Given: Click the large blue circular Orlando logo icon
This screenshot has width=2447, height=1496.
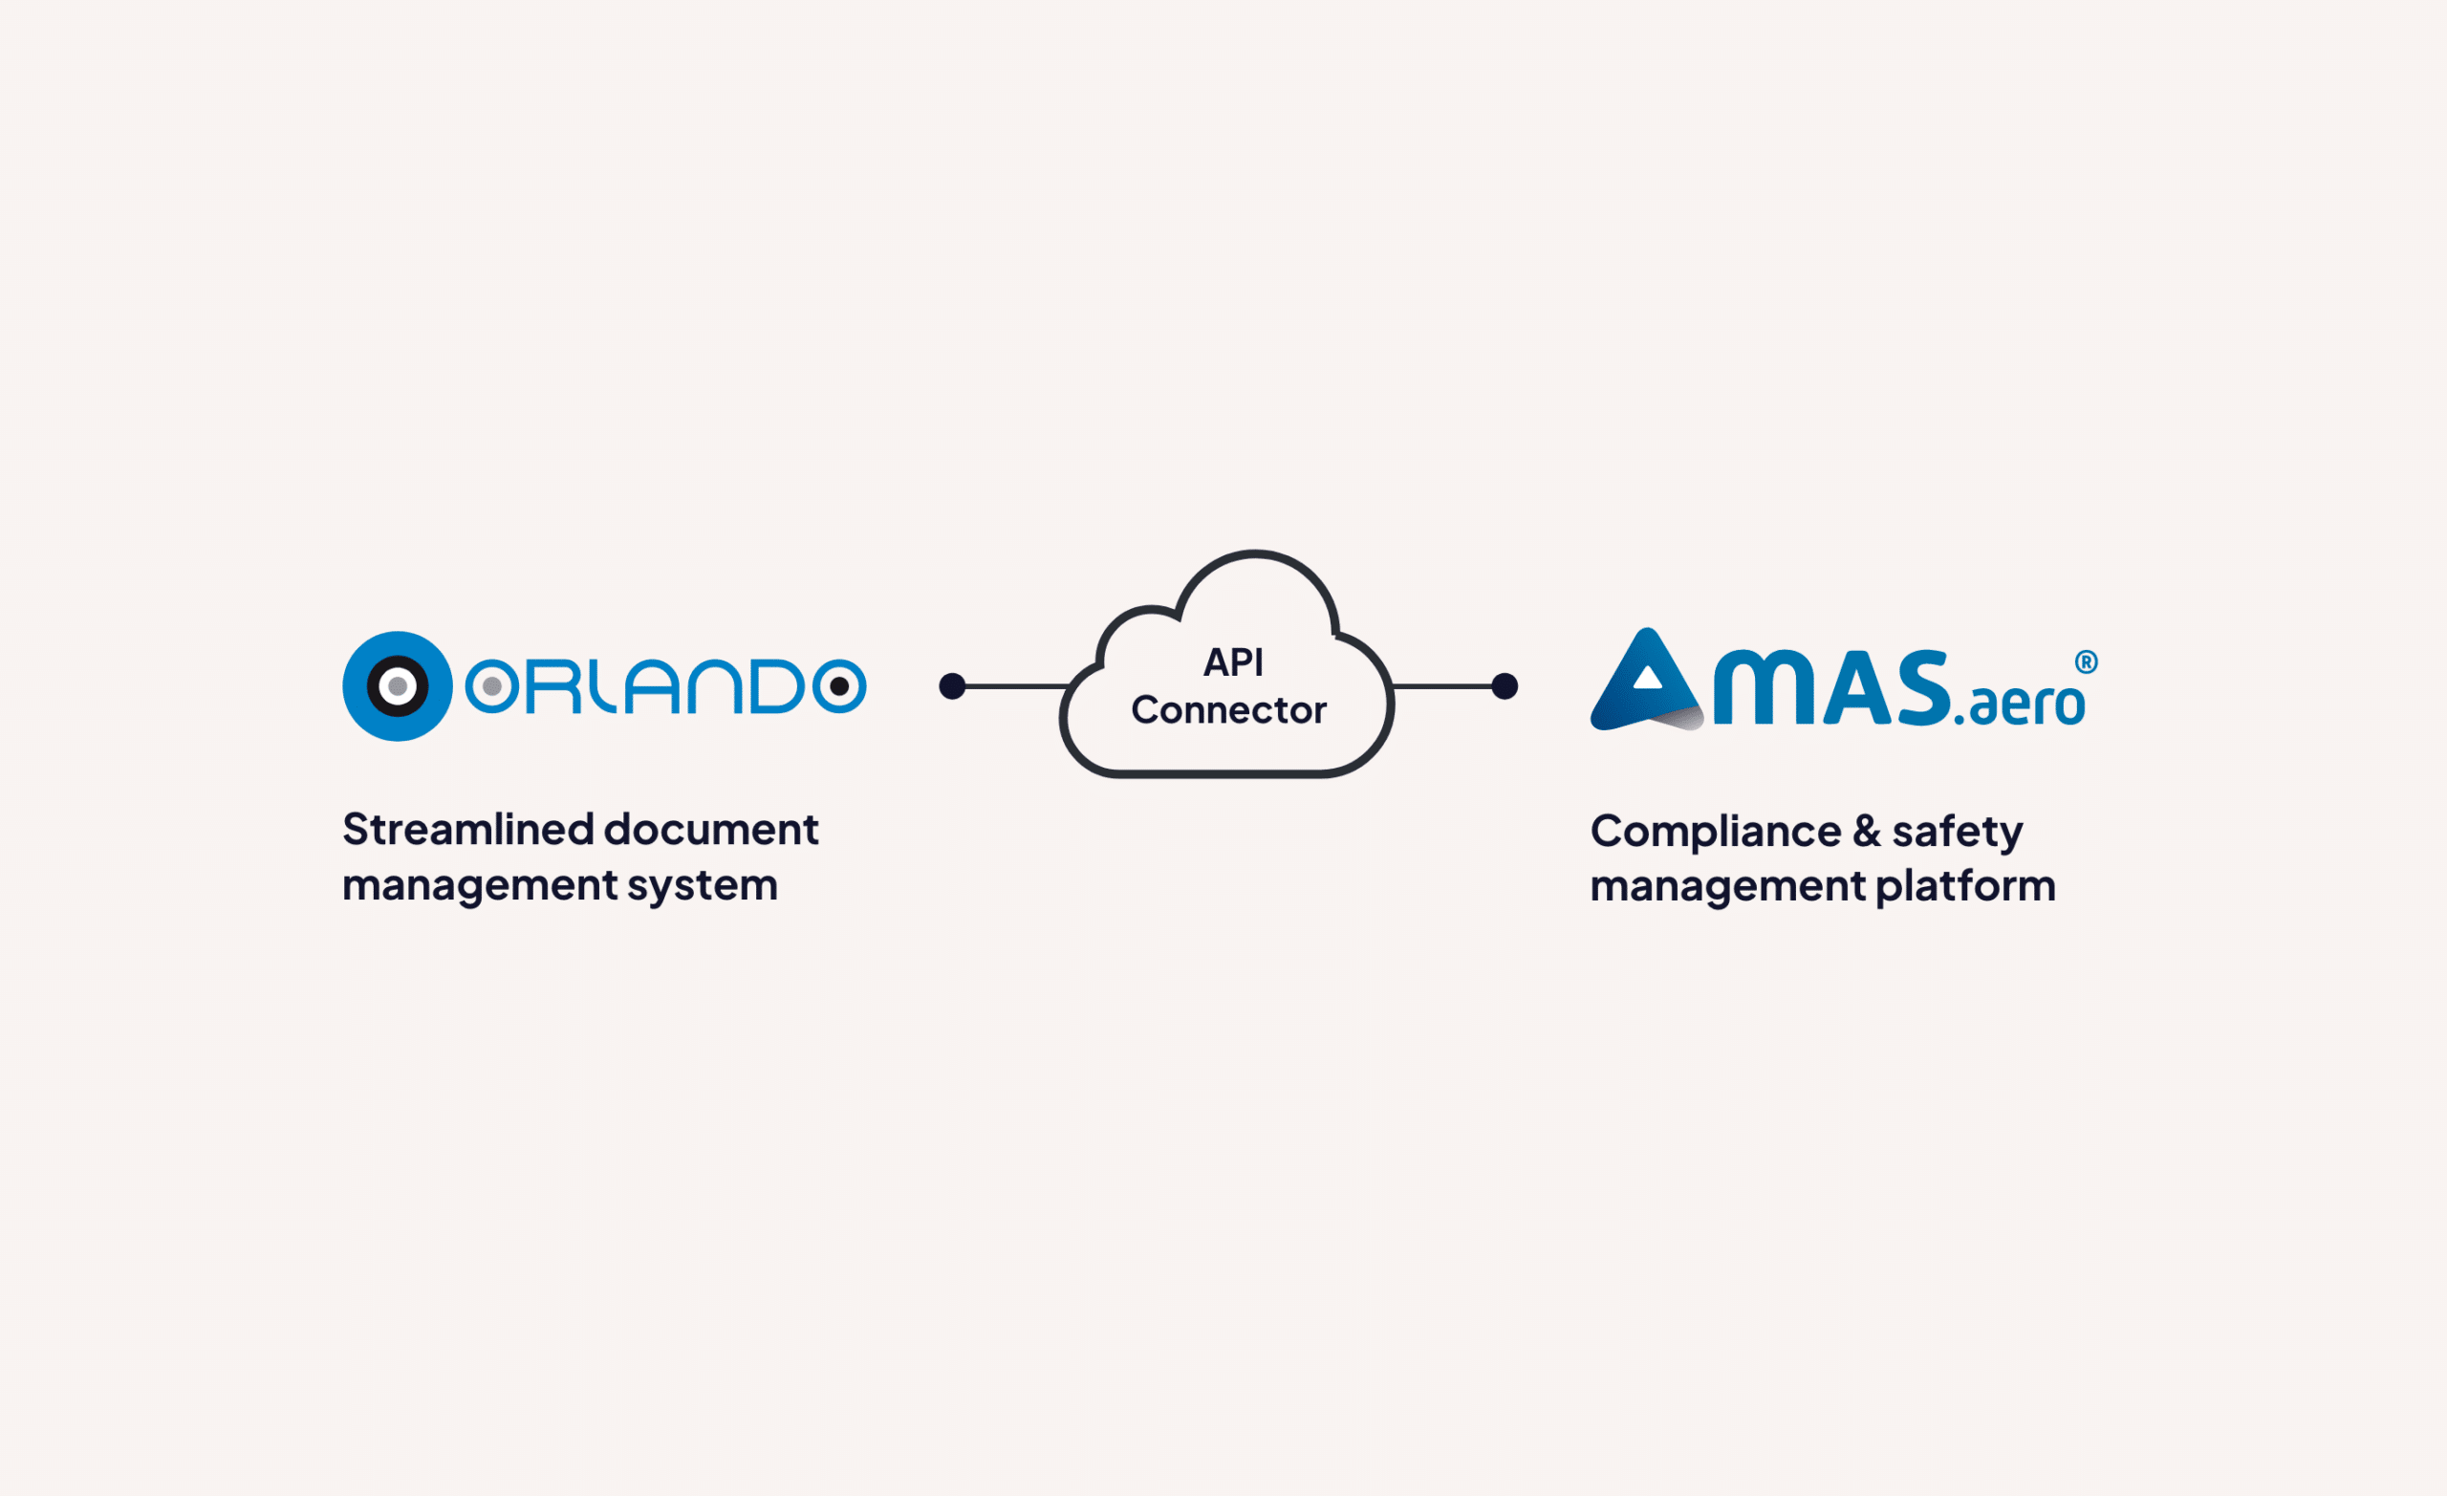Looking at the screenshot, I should coord(398,686).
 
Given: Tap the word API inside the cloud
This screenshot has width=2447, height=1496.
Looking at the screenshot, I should coord(1232,662).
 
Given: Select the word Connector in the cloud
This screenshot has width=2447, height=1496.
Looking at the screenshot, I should coord(1228,710).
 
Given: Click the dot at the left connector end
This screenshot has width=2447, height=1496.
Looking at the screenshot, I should coord(952,686).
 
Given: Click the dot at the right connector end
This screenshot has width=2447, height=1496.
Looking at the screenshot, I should coord(1505,686).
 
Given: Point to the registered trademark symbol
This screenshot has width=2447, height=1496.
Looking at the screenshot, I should coord(2086,662).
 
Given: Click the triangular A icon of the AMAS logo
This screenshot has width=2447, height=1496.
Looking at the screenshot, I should coord(1648,683).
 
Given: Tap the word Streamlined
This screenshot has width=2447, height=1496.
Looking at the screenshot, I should coord(467,830).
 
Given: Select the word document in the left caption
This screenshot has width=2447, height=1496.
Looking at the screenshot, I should coord(711,830).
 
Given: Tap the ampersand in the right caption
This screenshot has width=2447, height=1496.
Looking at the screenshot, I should coord(1866,832).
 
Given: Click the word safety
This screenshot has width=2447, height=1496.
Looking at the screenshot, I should coord(1957,832).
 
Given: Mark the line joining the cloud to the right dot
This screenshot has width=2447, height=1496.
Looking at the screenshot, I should coord(1443,686).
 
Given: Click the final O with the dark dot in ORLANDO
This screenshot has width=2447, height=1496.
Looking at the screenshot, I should coord(839,686).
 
